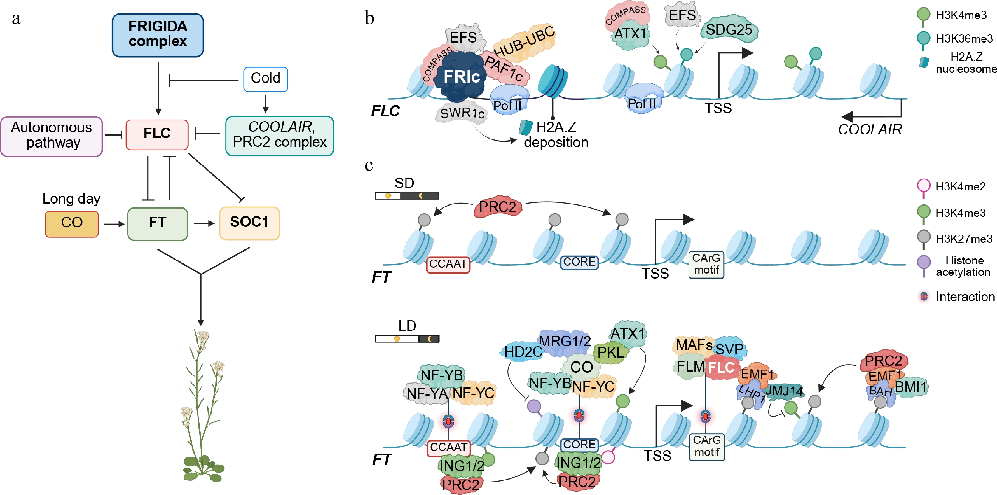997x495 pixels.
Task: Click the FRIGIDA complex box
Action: click(x=158, y=35)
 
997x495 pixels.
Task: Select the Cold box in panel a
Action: click(x=265, y=79)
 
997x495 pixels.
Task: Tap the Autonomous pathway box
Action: click(x=52, y=136)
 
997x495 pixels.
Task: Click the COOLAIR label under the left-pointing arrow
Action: click(x=870, y=130)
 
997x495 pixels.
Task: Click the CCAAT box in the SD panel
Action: click(x=448, y=264)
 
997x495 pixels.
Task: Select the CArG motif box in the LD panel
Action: click(x=706, y=446)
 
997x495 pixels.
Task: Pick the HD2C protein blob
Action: click(x=523, y=352)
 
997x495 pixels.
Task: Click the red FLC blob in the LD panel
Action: click(x=721, y=368)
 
